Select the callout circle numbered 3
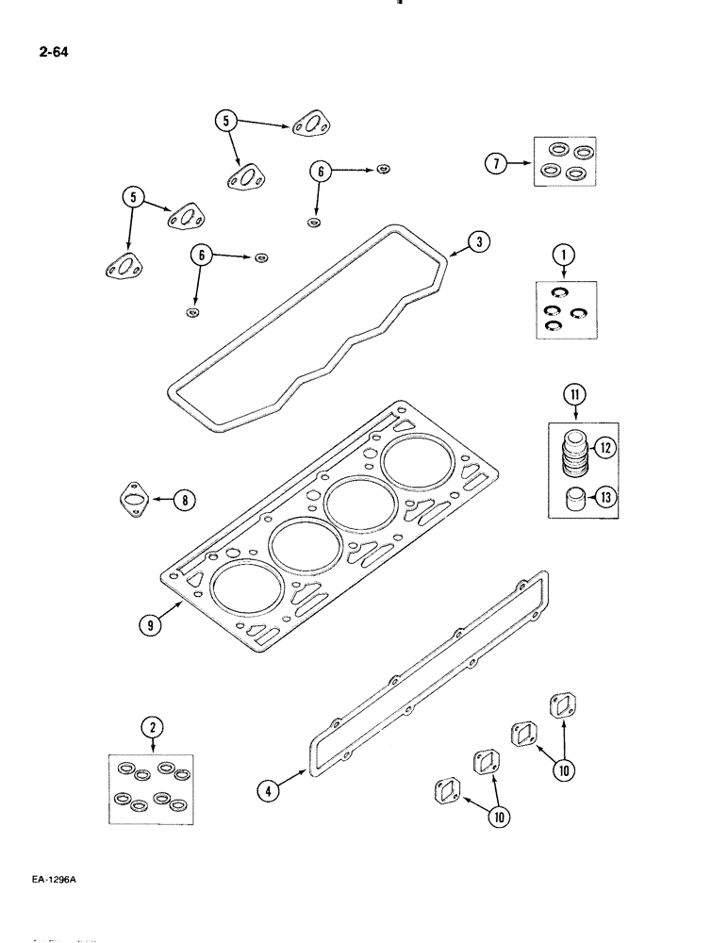tap(479, 243)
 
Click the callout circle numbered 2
tap(150, 727)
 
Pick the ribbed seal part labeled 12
tap(572, 451)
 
